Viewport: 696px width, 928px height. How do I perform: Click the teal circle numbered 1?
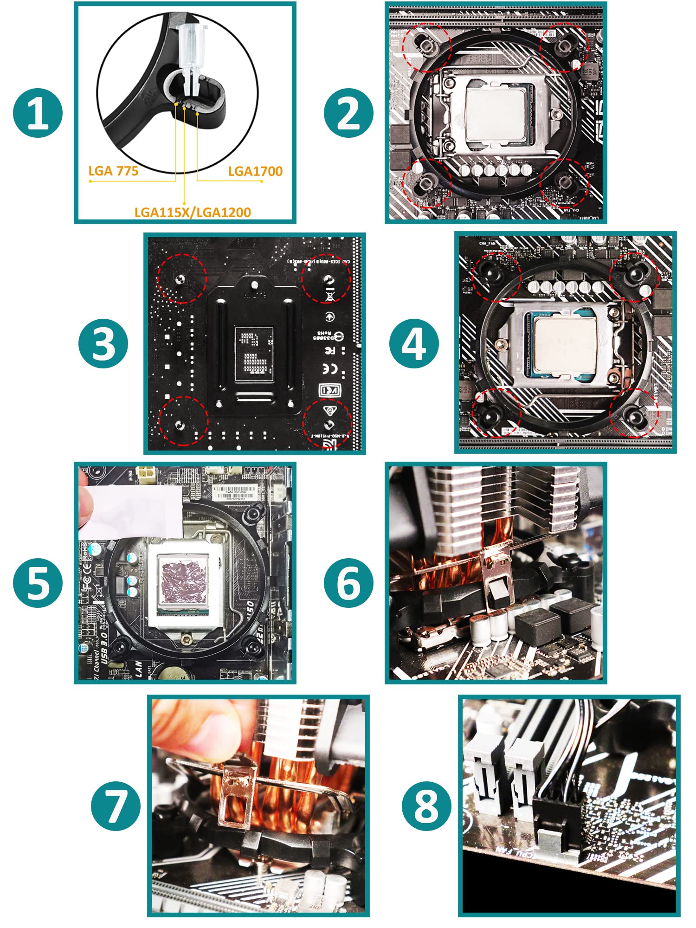click(38, 113)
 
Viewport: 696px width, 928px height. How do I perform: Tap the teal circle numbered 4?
click(414, 344)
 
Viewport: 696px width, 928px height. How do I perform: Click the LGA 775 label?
click(113, 171)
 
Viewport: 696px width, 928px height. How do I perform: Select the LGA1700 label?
click(255, 171)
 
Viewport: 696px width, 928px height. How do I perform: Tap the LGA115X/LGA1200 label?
click(193, 212)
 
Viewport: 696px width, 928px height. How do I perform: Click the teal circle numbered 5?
click(38, 583)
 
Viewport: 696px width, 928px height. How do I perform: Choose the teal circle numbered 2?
click(349, 113)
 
